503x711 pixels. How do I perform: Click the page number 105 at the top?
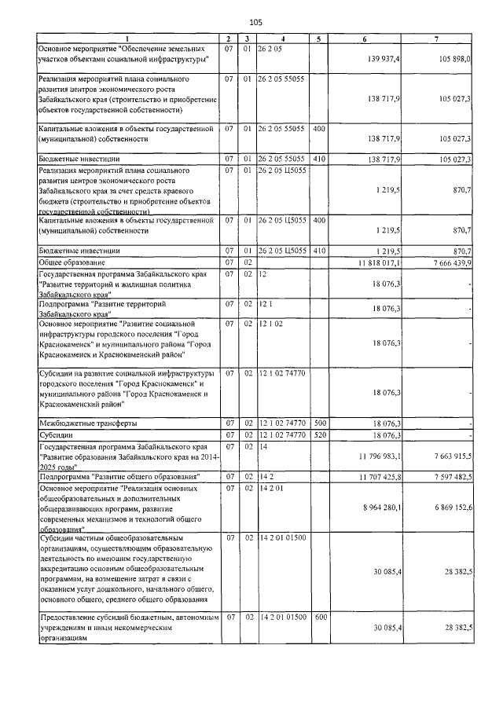pyautogui.click(x=255, y=21)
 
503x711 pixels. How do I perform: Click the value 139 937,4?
pyautogui.click(x=384, y=59)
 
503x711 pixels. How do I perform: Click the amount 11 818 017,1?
pyautogui.click(x=380, y=262)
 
